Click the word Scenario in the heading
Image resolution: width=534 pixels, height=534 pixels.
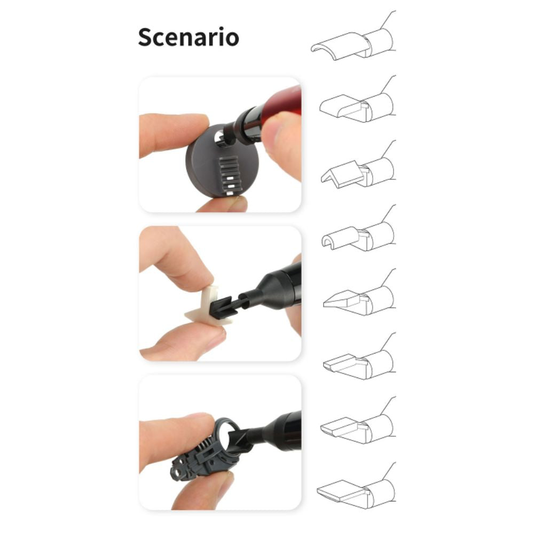click(189, 37)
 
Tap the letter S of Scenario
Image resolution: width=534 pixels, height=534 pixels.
click(145, 37)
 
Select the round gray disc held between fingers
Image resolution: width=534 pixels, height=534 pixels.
click(222, 161)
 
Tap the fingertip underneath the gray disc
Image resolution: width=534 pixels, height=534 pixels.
click(222, 204)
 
